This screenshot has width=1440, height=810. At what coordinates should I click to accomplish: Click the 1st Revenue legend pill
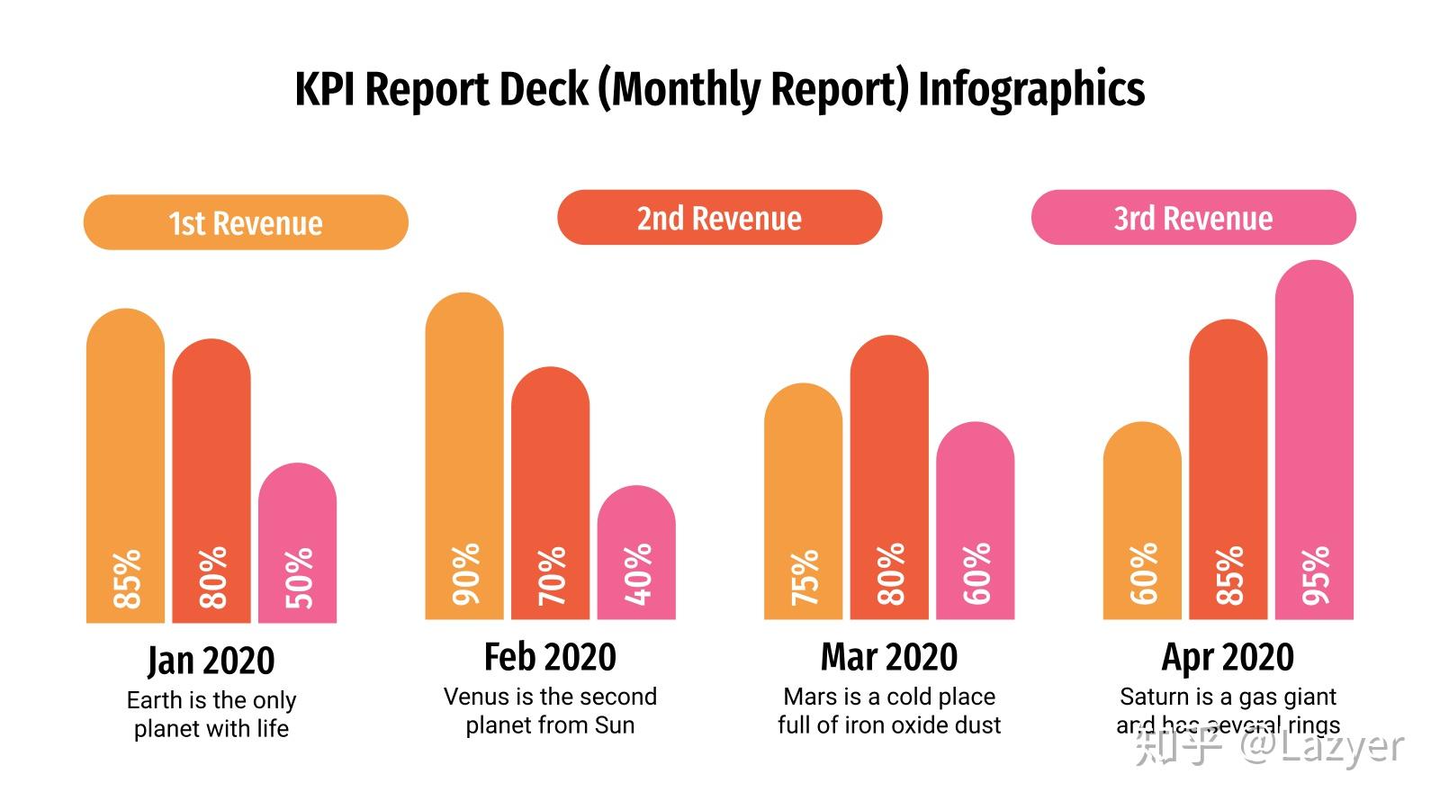(x=246, y=222)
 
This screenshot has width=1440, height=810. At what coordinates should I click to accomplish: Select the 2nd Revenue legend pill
(x=719, y=218)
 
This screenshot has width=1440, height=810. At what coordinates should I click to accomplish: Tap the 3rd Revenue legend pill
(x=1192, y=218)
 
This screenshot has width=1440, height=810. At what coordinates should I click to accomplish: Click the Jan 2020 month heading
(x=211, y=661)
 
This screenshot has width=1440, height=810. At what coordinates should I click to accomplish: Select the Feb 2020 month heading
(x=550, y=657)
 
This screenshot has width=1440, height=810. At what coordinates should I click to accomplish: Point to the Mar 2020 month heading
(x=889, y=657)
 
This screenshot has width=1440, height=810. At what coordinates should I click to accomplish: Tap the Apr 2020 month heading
(x=1228, y=657)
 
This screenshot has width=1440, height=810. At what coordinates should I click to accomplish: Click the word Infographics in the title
(x=1031, y=89)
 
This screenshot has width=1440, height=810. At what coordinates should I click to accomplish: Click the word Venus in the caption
(x=476, y=697)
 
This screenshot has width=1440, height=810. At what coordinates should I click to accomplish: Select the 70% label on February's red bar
(x=552, y=575)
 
